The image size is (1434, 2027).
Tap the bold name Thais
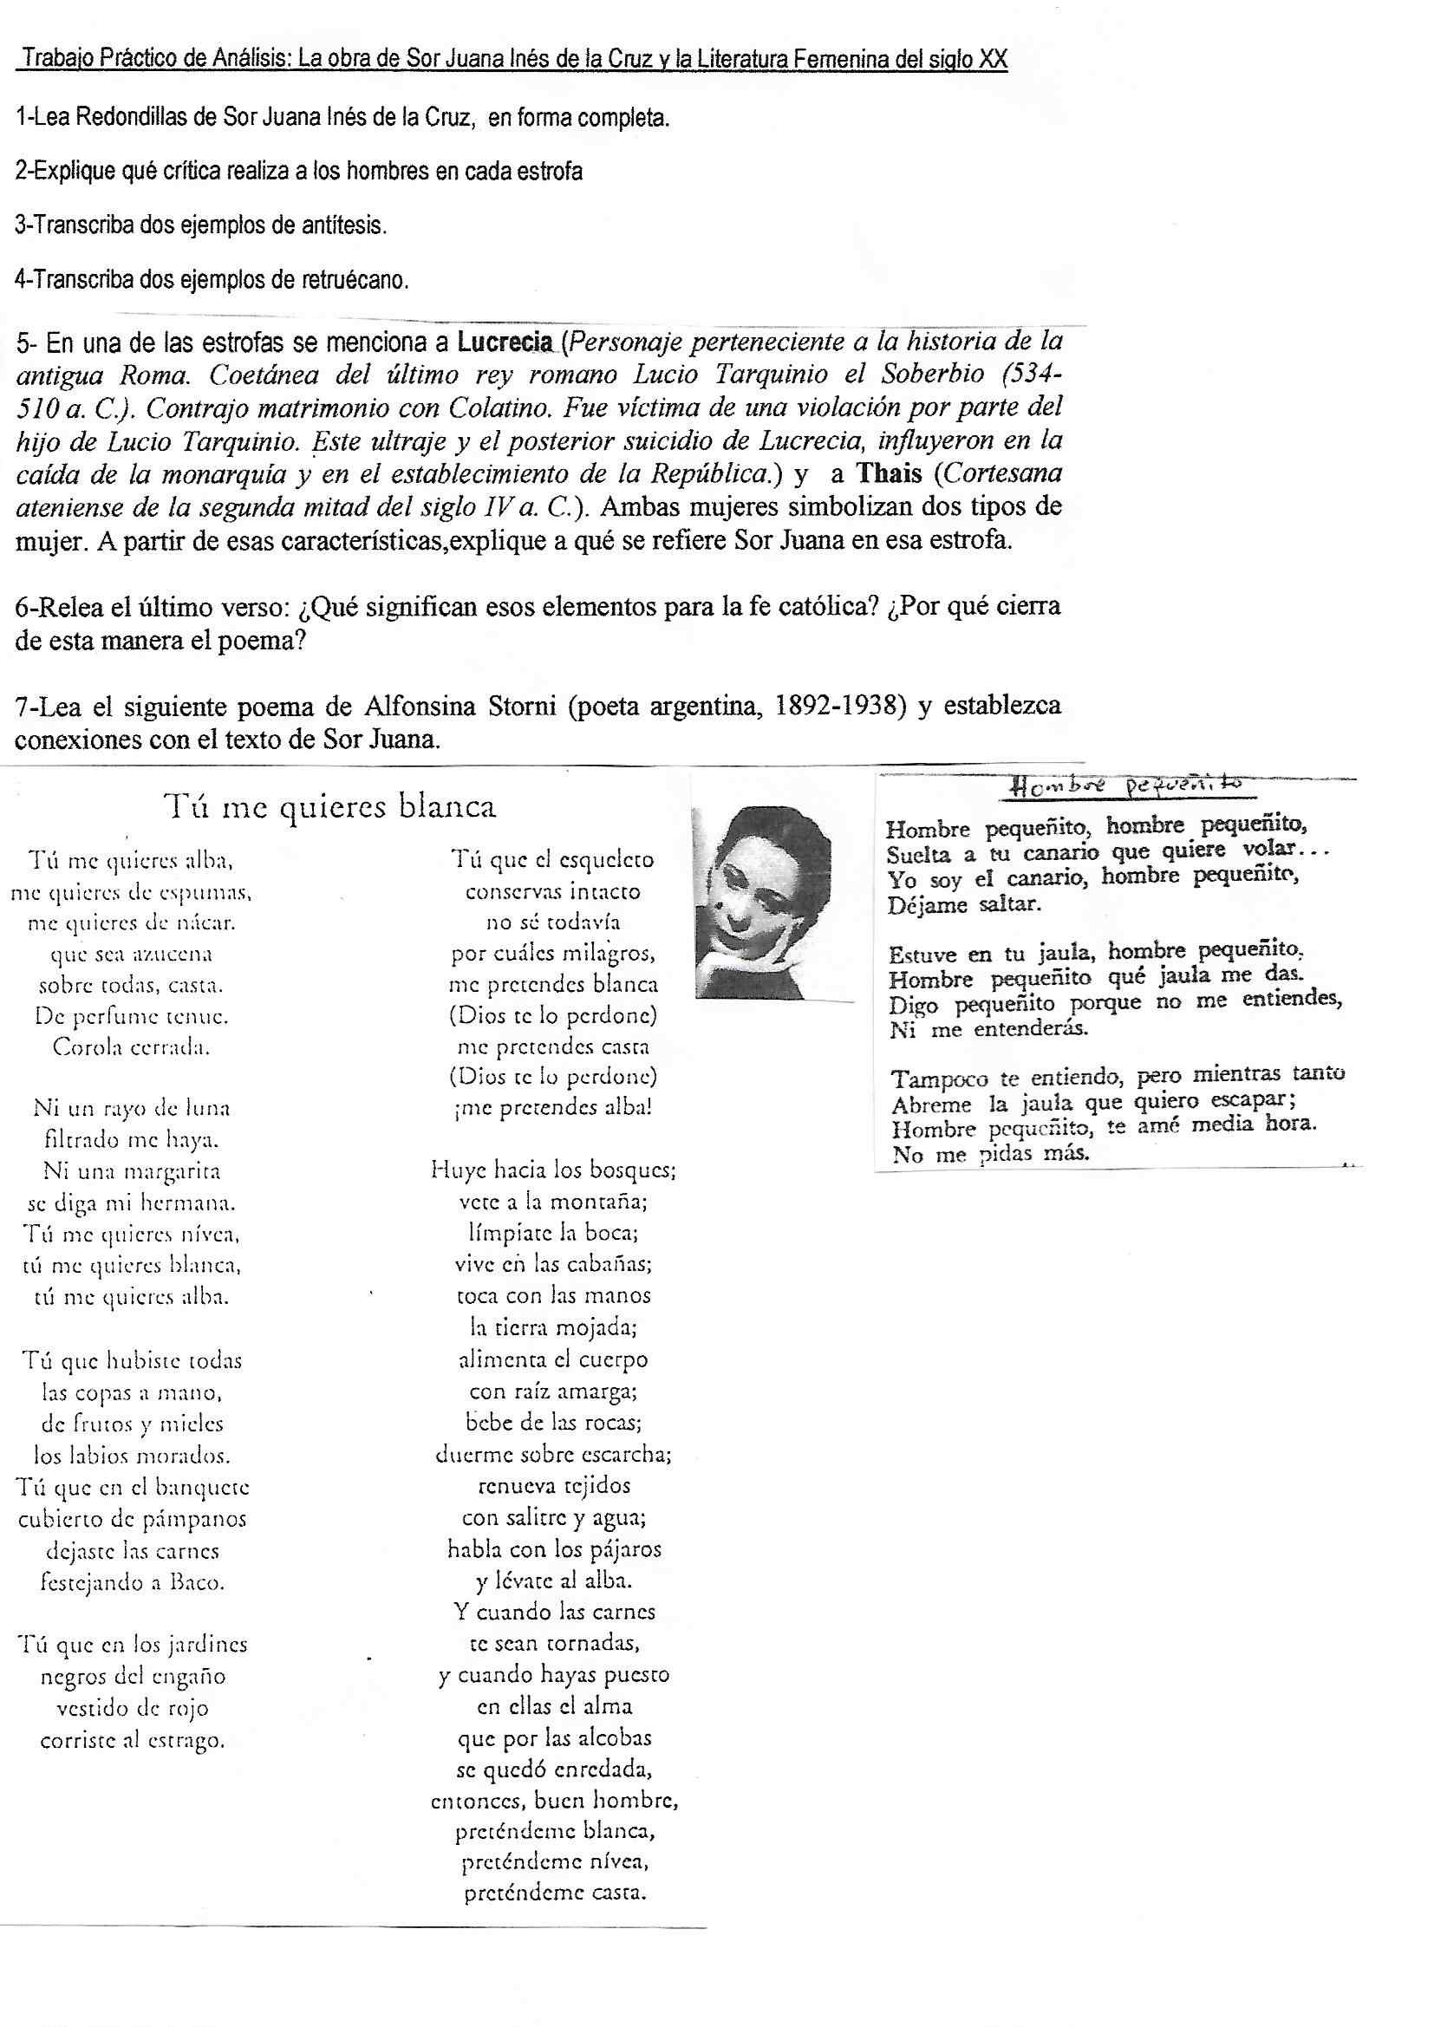coord(891,473)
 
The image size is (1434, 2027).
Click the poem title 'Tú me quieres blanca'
coord(329,806)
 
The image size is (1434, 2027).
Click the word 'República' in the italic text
coord(712,473)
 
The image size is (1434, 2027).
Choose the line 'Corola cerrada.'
coord(132,1047)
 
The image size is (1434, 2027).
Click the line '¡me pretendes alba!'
coord(551,1108)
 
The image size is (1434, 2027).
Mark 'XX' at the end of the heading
coord(994,60)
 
